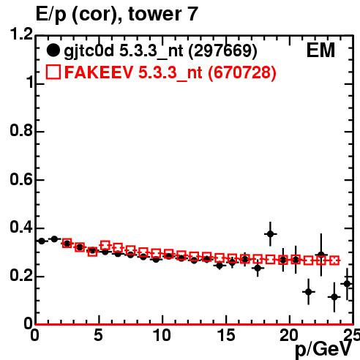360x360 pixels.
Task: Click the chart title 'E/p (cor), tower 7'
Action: point(116,14)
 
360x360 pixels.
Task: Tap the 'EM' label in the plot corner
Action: point(320,50)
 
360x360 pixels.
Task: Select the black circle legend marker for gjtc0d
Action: point(53,50)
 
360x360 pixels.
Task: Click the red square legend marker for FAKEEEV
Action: point(53,72)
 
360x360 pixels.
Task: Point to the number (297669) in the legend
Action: point(222,50)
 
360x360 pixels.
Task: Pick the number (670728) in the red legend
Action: point(241,72)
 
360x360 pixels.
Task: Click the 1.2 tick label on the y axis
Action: point(21,34)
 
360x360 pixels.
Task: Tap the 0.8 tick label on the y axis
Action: point(21,130)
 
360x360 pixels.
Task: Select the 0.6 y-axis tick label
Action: point(21,179)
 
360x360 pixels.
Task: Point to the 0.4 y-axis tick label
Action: point(21,227)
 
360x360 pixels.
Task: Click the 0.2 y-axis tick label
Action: point(21,276)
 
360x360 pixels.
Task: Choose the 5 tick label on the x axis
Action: point(98,335)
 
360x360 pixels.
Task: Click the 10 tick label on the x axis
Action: point(162,335)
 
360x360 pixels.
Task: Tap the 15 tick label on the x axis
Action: point(226,335)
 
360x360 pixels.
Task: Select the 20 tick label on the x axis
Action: point(289,335)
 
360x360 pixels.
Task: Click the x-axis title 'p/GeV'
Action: point(323,350)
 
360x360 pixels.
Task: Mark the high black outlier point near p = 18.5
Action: point(270,234)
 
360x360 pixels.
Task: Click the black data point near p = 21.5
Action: point(309,292)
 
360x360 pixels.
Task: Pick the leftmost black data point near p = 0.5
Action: point(42,241)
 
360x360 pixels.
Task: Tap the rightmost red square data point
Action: point(334,260)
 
